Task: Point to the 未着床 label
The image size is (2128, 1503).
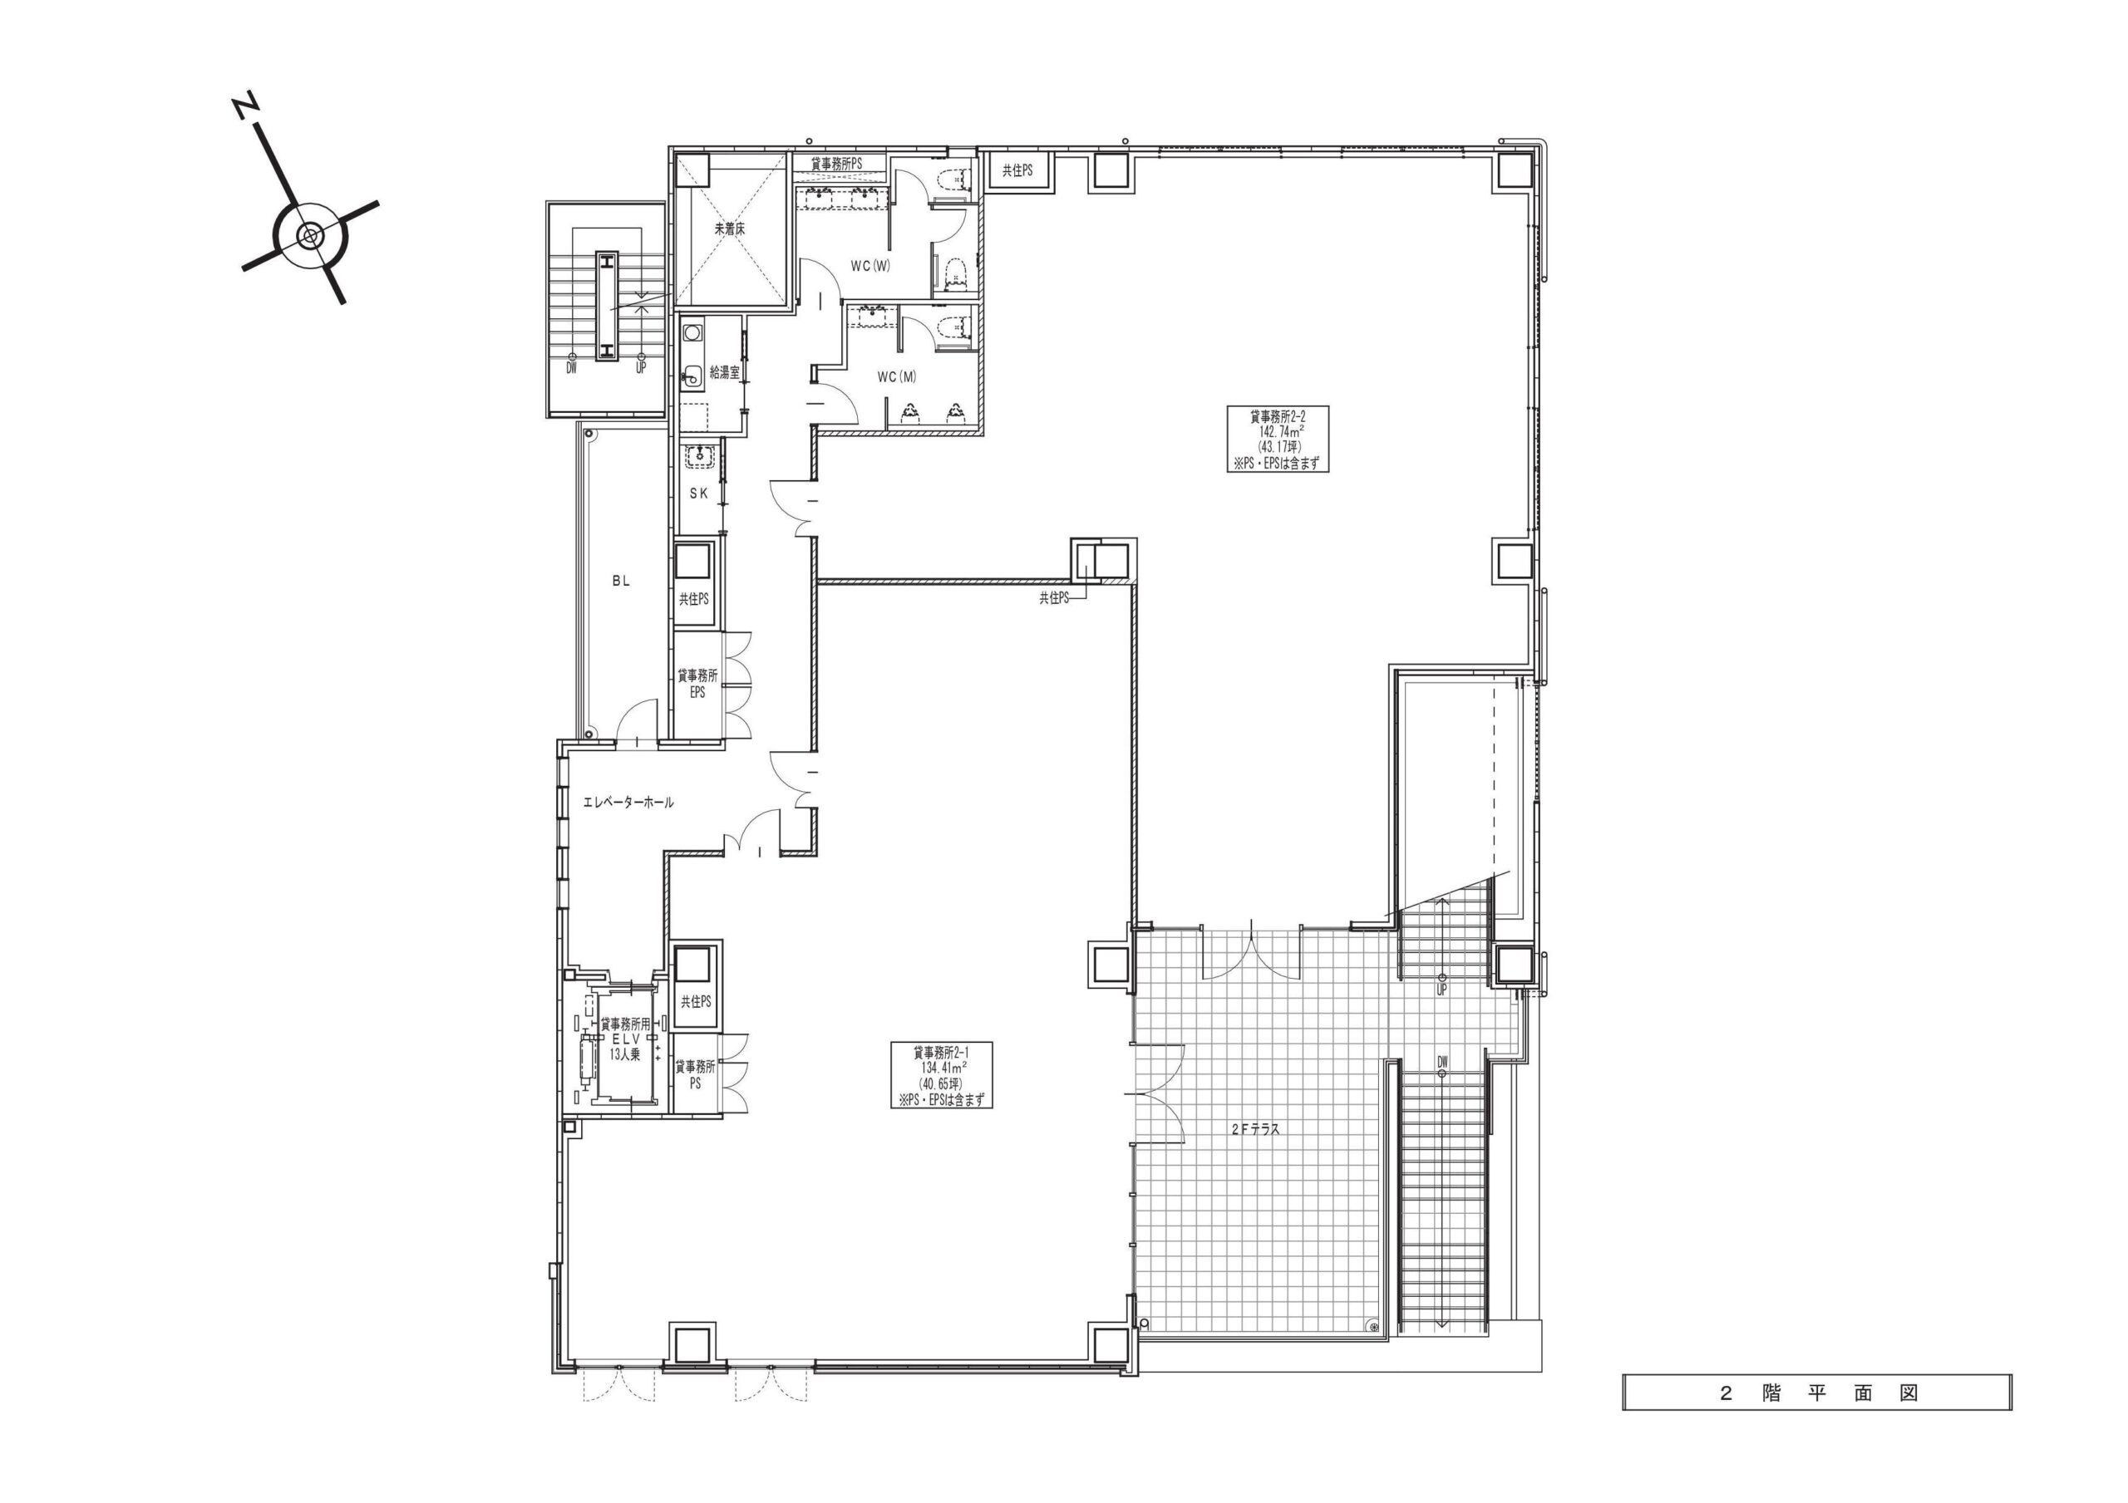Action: point(729,228)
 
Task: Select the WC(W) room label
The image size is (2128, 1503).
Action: point(870,266)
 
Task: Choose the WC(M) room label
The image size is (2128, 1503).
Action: point(896,377)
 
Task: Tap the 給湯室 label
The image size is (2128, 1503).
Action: point(724,372)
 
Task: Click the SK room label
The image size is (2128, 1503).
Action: point(699,494)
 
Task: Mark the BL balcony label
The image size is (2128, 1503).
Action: point(621,581)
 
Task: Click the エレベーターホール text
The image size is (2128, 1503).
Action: point(628,803)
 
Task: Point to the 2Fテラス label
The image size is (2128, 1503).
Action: point(1256,1156)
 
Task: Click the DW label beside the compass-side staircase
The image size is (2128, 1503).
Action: point(572,368)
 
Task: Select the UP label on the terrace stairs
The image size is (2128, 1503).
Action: point(1442,989)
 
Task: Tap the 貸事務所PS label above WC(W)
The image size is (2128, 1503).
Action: point(836,163)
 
